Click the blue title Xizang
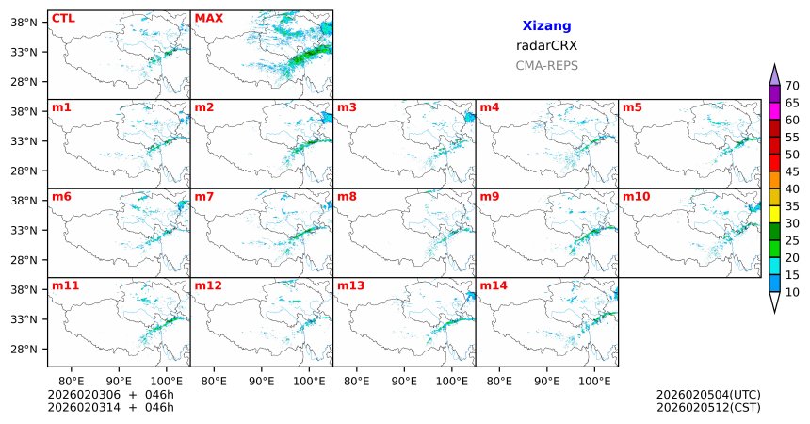546,26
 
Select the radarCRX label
546,45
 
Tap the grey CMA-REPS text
546,66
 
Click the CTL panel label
63,18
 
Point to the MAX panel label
208,18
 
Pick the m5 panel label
631,107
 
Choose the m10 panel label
636,196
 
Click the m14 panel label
493,285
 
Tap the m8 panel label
347,196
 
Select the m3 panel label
347,107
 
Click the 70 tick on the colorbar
792,86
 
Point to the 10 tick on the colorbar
792,293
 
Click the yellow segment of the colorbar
775,215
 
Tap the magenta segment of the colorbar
775,111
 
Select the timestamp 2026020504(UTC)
708,395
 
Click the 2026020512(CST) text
708,407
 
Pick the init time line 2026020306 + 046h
111,395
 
